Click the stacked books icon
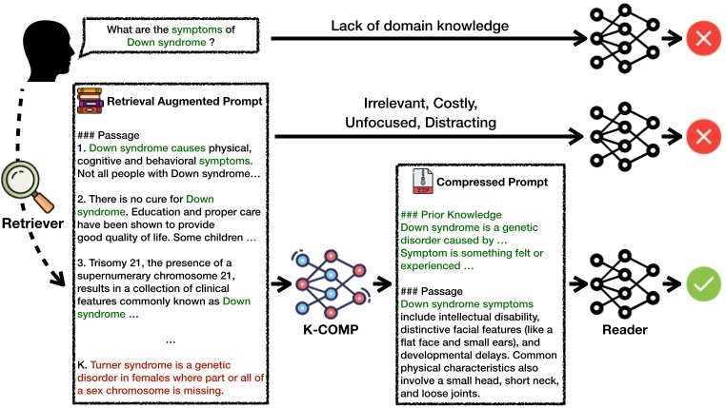(91, 100)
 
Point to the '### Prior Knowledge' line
(451, 215)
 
